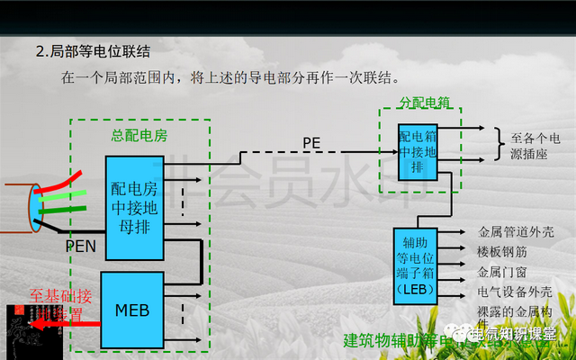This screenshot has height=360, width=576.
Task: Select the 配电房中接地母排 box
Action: [x=134, y=206]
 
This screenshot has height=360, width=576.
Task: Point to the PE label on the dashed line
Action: [x=311, y=143]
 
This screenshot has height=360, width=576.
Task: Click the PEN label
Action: [x=80, y=245]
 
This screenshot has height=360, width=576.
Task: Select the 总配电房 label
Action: [x=139, y=135]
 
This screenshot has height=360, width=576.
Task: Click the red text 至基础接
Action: [x=60, y=295]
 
